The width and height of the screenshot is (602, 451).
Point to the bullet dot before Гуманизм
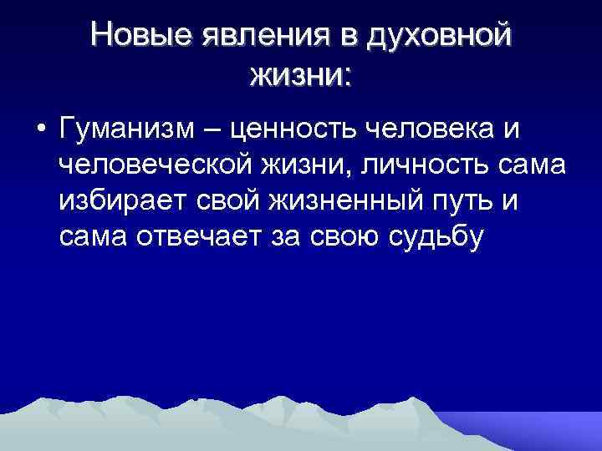click(x=39, y=131)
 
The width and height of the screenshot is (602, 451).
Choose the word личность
click(x=422, y=166)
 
